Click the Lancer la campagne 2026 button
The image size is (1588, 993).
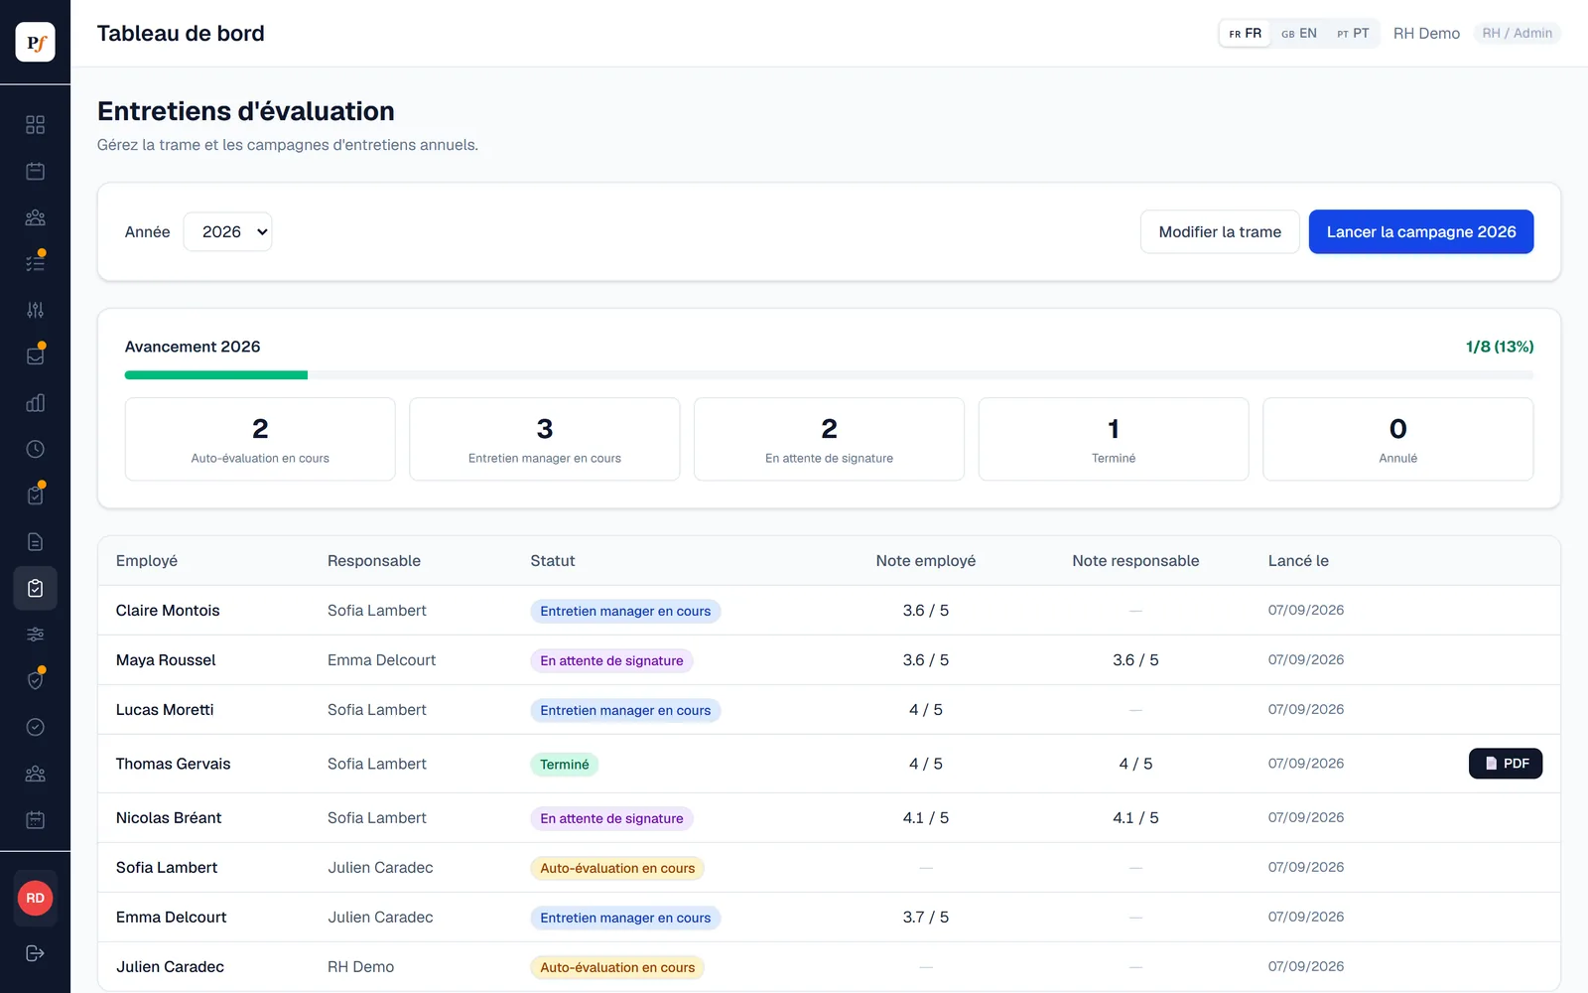tap(1420, 232)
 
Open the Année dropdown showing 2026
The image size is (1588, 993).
tap(227, 232)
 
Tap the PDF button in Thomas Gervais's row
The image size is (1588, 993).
tap(1505, 764)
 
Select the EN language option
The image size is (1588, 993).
tap(1299, 34)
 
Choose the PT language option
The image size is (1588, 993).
tap(1353, 34)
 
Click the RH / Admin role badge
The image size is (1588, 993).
tap(1518, 34)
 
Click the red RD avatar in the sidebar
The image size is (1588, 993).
tap(36, 898)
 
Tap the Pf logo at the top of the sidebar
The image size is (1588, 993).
tap(36, 42)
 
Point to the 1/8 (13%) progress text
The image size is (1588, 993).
tap(1500, 347)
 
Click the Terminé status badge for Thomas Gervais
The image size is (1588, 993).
tap(565, 764)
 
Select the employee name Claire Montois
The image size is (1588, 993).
tap(168, 610)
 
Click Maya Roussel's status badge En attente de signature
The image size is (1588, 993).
tap(611, 660)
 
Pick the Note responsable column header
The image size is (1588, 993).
tap(1135, 560)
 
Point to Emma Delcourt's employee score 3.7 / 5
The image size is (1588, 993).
tap(926, 918)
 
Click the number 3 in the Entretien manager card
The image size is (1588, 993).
tap(545, 428)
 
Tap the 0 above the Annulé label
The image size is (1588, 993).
tap(1398, 428)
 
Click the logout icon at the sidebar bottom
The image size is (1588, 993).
tap(36, 953)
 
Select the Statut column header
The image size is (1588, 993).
tap(552, 560)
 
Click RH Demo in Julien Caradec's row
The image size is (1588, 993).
tap(361, 967)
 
